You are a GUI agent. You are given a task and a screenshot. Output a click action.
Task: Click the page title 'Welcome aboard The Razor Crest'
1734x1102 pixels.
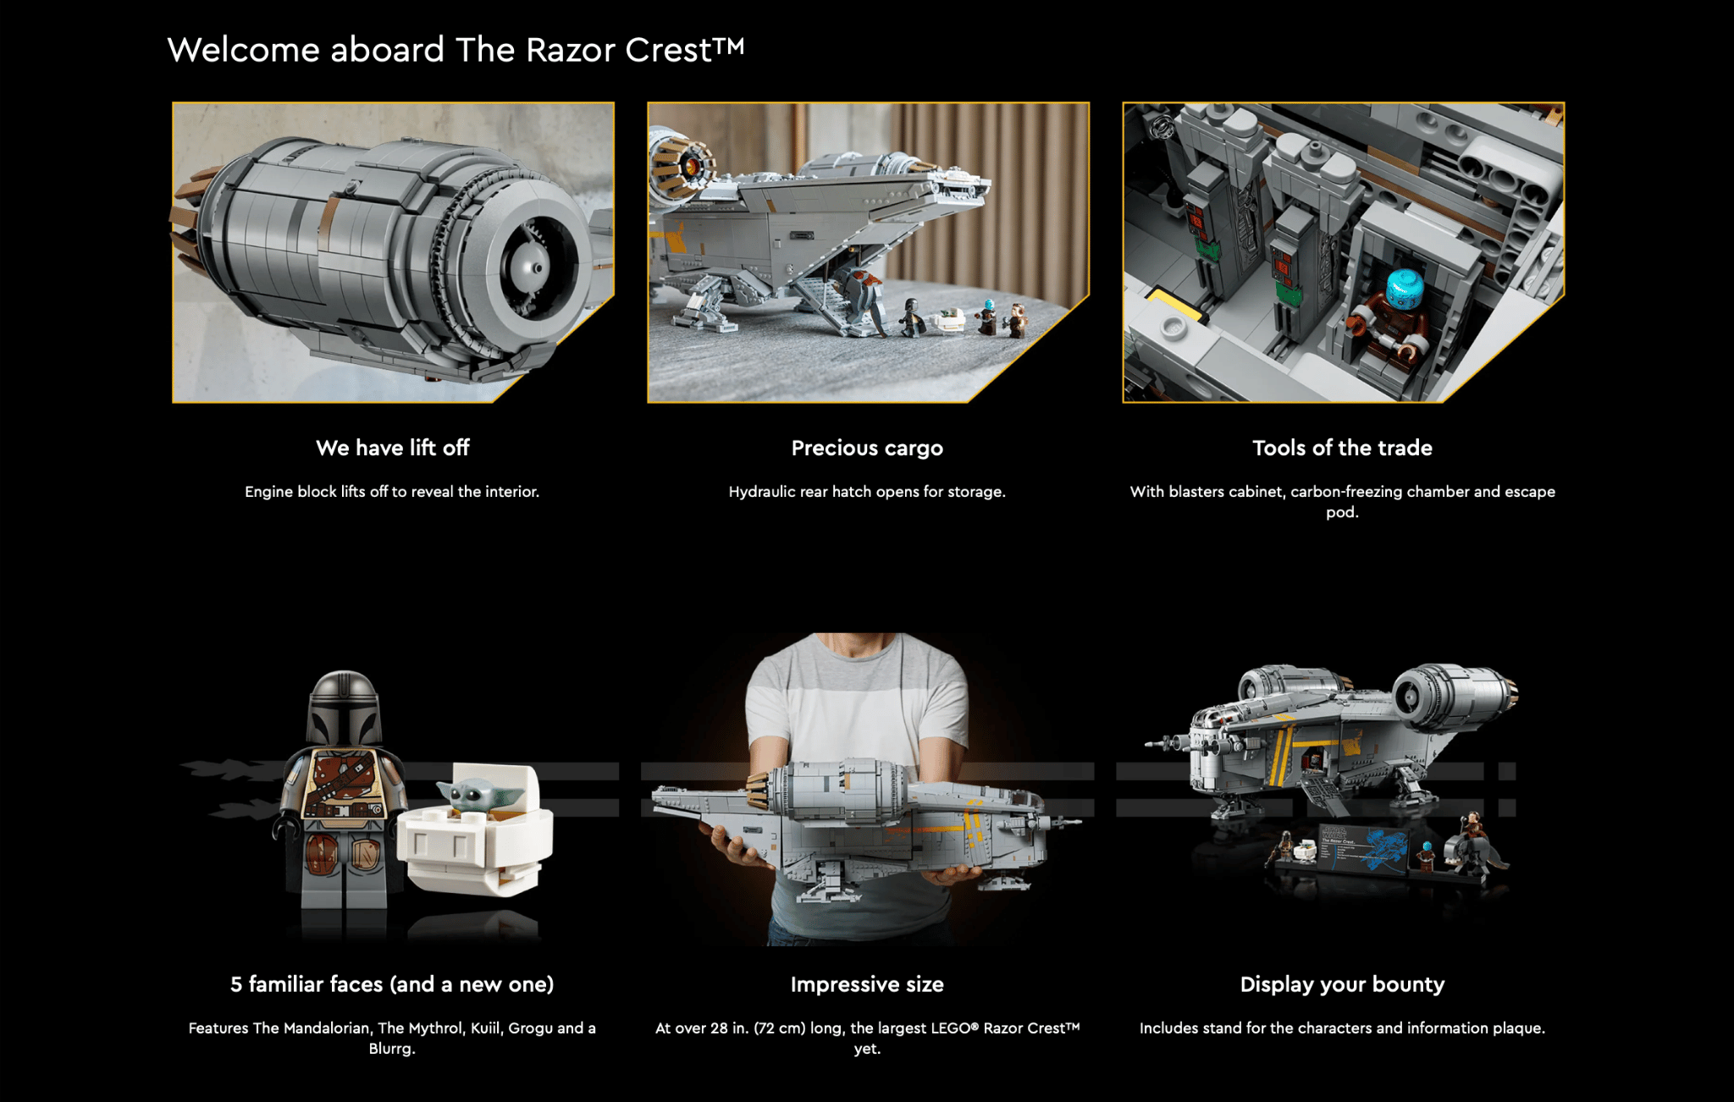click(x=456, y=50)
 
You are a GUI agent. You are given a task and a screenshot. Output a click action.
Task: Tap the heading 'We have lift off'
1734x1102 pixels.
click(x=393, y=448)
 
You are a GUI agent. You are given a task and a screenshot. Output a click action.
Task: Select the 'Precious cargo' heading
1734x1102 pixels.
click(x=867, y=448)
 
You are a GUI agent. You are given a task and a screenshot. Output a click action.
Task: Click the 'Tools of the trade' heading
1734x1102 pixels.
click(x=1342, y=448)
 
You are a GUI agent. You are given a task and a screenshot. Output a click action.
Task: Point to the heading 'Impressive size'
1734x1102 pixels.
click(x=867, y=984)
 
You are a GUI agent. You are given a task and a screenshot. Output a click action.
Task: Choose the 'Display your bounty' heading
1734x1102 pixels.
click(x=1342, y=984)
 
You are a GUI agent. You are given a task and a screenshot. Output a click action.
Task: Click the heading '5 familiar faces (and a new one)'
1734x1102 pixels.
click(x=392, y=984)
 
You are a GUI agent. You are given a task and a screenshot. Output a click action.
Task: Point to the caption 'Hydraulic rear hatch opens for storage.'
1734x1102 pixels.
click(x=867, y=492)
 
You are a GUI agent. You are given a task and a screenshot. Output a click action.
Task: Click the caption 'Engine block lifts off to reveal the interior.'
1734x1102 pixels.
click(x=392, y=492)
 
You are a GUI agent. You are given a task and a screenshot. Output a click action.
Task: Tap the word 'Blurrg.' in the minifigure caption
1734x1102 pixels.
click(x=392, y=1049)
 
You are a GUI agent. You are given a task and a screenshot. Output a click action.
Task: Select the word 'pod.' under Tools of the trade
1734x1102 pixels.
click(x=1342, y=513)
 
